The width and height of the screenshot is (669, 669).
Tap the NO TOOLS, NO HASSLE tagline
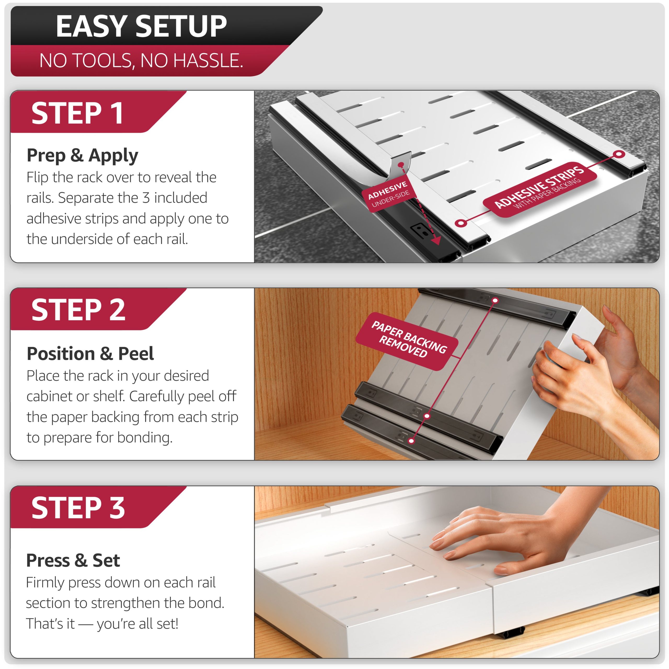[141, 61]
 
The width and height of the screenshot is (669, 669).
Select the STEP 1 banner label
[77, 113]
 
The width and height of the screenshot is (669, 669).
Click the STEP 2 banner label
[78, 310]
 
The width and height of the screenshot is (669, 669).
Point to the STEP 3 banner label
[78, 508]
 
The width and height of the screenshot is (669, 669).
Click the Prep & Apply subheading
[82, 155]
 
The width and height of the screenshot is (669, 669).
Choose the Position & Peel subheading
[90, 354]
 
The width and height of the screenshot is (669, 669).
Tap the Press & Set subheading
[73, 560]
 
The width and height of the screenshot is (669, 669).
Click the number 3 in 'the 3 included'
[146, 198]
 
